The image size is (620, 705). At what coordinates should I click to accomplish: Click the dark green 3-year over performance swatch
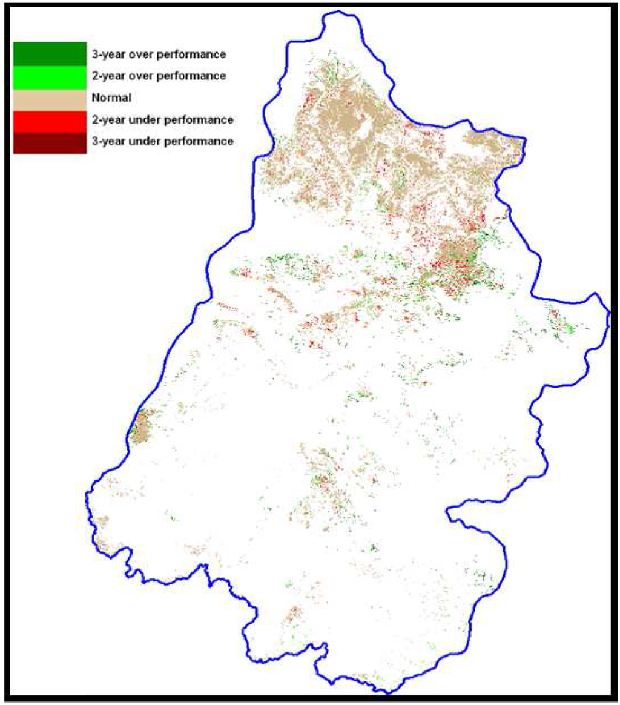[x=50, y=53]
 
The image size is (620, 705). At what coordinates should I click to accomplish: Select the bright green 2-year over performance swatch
[x=50, y=75]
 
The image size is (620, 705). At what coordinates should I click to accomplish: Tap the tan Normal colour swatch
[x=50, y=97]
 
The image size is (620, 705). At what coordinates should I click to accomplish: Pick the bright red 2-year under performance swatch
[x=50, y=119]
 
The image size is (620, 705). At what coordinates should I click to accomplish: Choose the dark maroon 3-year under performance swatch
[x=50, y=141]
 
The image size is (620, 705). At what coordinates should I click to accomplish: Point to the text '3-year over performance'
[x=159, y=54]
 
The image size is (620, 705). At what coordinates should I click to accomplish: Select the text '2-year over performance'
[x=159, y=76]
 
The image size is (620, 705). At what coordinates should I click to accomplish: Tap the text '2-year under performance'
[x=162, y=119]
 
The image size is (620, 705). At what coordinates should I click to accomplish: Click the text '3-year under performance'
[x=162, y=141]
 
